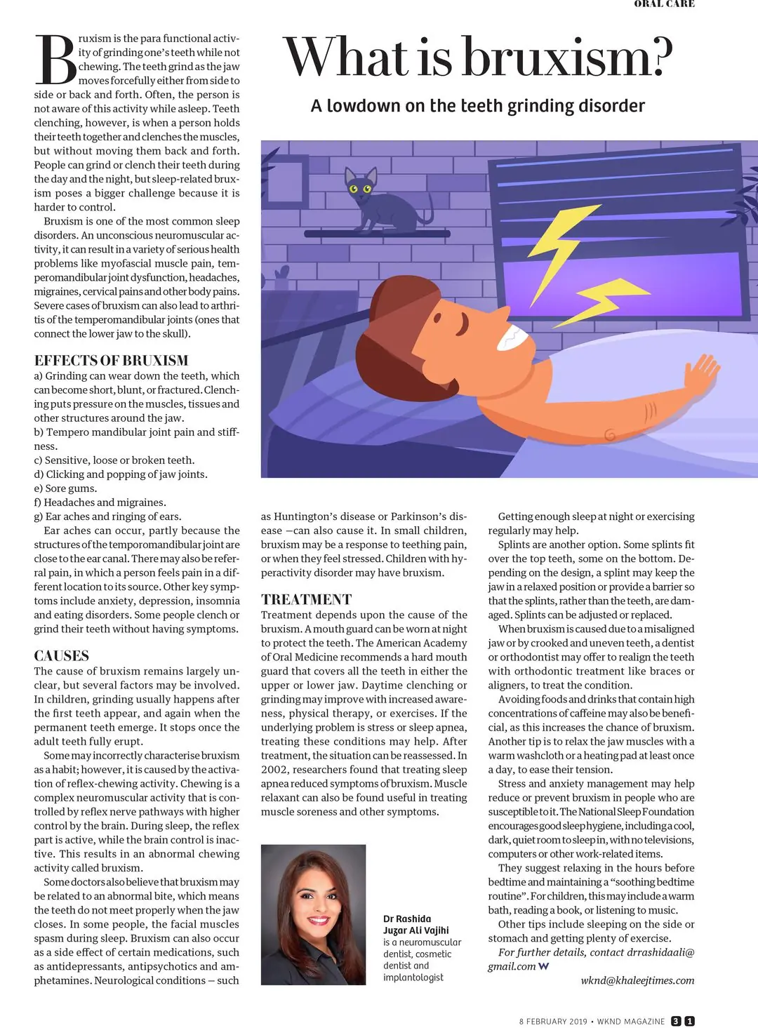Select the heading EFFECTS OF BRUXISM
coord(111,361)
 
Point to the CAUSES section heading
coord(62,656)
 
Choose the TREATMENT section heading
coord(306,599)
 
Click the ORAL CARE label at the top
coord(664,4)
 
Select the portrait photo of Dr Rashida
coord(313,914)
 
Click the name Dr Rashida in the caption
coord(407,919)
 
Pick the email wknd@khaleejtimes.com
coord(637,980)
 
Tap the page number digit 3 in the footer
coord(676,1021)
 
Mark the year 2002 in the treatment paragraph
coord(274,770)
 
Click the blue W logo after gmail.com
coord(543,966)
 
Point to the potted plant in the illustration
coord(281,278)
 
